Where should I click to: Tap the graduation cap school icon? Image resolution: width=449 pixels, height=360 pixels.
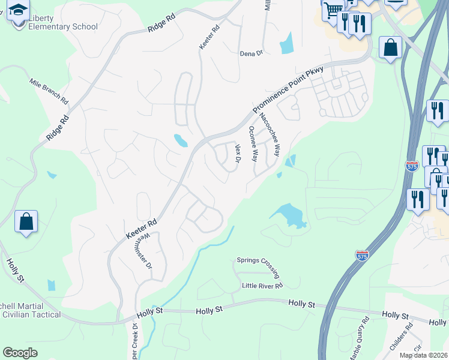pyautogui.click(x=19, y=10)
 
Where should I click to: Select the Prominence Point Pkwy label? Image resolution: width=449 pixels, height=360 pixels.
pyautogui.click(x=288, y=89)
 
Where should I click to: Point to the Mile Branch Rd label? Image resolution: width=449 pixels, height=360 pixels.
pyautogui.click(x=49, y=90)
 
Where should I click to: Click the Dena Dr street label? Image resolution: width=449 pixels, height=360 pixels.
pyautogui.click(x=252, y=53)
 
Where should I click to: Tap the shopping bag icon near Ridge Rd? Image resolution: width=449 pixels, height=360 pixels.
pyautogui.click(x=26, y=222)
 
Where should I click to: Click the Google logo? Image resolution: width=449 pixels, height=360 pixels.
pyautogui.click(x=20, y=352)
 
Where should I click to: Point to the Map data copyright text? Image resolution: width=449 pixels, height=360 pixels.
pyautogui.click(x=424, y=355)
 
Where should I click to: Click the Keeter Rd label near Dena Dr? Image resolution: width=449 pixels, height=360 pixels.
pyautogui.click(x=209, y=37)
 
